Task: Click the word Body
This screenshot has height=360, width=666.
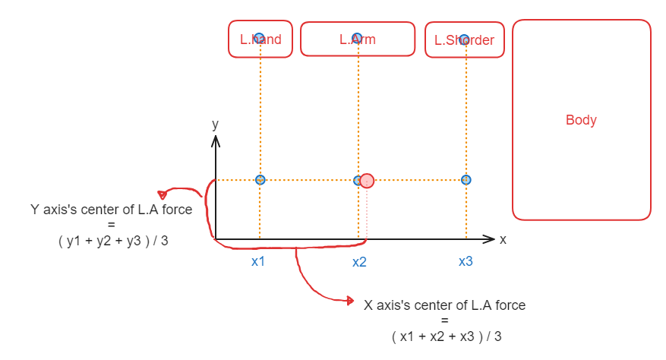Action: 581,120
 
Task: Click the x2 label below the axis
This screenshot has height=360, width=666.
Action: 359,261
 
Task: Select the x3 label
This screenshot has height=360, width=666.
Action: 466,261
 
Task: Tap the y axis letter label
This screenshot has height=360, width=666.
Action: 216,124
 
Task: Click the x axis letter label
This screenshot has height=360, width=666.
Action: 503,239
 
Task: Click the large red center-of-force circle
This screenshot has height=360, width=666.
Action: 367,181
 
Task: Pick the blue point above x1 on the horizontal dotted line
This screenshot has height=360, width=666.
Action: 260,180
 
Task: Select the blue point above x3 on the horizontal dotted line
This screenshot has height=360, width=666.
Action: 466,180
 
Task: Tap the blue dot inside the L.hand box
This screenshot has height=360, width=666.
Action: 259,38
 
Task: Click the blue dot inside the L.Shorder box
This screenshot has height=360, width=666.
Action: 466,39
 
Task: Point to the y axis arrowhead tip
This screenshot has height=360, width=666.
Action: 216,137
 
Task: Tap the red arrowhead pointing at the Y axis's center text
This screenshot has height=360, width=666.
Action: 162,194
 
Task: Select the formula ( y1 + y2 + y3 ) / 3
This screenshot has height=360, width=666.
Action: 113,241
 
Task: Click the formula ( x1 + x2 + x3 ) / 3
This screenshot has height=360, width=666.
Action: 447,336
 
